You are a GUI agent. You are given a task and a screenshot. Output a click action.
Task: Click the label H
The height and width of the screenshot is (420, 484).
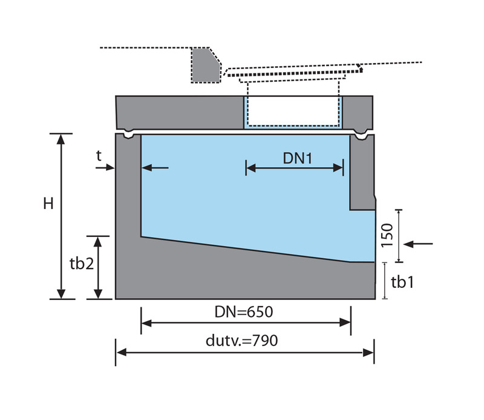[x=48, y=204]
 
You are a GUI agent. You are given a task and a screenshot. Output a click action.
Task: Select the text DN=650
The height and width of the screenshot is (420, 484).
[x=245, y=313]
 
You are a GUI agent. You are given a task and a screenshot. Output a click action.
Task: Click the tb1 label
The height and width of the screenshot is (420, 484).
[x=402, y=282]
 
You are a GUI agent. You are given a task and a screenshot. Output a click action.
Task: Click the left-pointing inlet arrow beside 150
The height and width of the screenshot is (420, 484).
[x=417, y=244]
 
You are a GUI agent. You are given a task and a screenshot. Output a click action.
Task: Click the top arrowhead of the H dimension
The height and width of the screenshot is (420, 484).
[x=60, y=138]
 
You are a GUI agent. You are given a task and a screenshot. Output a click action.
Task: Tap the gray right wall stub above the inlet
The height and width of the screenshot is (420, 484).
[x=362, y=173]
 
